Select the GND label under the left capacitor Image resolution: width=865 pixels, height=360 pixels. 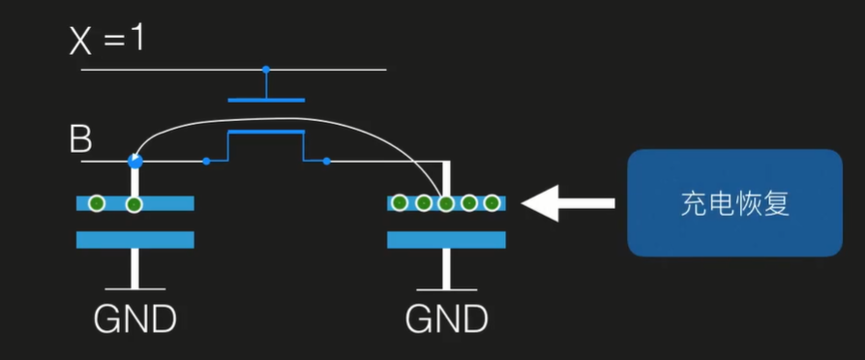[135, 317]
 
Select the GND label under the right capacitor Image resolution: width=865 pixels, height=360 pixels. [446, 317]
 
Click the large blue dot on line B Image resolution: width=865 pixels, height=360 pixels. [134, 161]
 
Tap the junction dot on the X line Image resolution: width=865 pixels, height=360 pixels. [266, 70]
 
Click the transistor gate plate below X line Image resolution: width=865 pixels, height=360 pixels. [266, 99]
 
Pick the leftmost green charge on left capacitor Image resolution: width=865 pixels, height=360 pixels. [97, 203]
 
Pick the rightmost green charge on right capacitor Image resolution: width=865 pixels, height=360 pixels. [492, 203]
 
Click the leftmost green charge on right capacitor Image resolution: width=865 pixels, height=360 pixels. [400, 203]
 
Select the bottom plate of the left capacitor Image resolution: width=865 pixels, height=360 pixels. [135, 239]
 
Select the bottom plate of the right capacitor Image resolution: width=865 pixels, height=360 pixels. [446, 239]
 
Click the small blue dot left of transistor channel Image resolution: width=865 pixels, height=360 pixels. [206, 161]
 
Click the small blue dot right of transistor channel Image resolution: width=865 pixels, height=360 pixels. [326, 161]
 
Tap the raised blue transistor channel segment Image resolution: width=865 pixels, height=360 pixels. [265, 132]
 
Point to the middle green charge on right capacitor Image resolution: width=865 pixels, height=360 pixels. [446, 203]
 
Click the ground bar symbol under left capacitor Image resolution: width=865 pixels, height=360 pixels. [135, 288]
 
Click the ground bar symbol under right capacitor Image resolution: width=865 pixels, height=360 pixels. [446, 288]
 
